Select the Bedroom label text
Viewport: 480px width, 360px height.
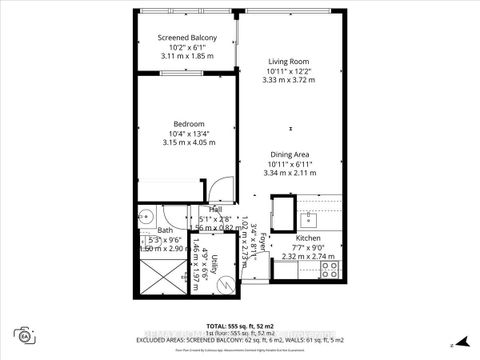182,124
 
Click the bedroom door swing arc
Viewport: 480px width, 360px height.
215,189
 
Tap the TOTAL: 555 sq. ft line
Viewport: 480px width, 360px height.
240,326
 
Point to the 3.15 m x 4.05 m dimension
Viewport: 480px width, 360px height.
182,142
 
